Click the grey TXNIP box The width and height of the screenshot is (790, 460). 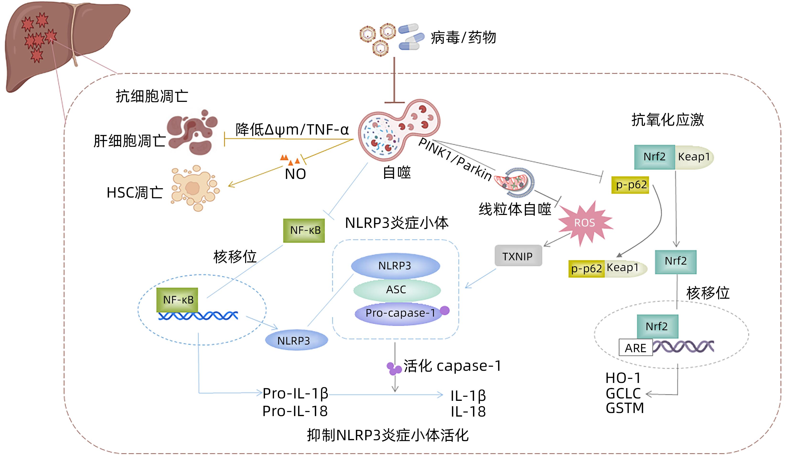[518, 256]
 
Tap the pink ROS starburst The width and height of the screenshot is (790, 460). [584, 223]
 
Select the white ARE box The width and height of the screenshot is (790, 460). [635, 348]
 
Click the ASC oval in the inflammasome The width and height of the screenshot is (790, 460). [396, 290]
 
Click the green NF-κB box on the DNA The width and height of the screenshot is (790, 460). [177, 300]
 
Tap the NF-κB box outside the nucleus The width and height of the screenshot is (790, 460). [304, 230]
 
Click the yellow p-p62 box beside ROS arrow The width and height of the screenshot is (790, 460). [630, 185]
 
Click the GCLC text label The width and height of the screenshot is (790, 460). [623, 393]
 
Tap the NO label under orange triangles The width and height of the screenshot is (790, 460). [295, 174]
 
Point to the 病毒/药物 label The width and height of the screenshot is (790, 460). [463, 37]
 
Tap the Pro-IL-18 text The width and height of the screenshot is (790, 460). [295, 411]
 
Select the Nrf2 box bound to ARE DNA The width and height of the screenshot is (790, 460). [657, 326]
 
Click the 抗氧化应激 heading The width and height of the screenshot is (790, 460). [667, 120]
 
